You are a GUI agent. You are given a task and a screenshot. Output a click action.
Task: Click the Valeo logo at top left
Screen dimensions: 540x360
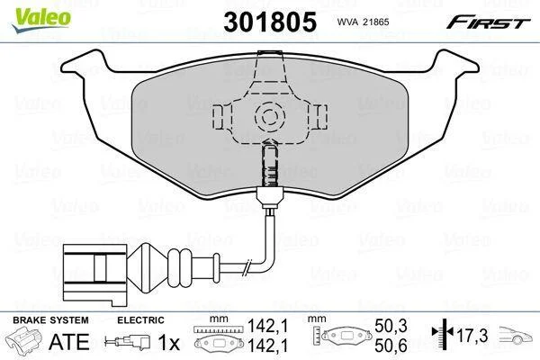(41, 20)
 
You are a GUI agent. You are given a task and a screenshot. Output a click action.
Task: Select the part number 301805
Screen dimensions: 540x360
(270, 22)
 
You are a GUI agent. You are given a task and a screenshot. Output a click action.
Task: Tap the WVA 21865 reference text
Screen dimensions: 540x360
(363, 22)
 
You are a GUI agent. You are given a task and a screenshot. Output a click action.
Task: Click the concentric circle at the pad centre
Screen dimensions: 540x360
(270, 117)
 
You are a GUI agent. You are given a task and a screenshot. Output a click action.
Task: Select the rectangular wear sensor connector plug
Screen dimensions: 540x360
(94, 275)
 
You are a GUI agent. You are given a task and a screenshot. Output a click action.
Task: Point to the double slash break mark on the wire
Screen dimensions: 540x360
(247, 267)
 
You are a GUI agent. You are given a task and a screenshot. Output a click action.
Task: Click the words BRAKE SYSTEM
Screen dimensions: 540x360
(50, 320)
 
